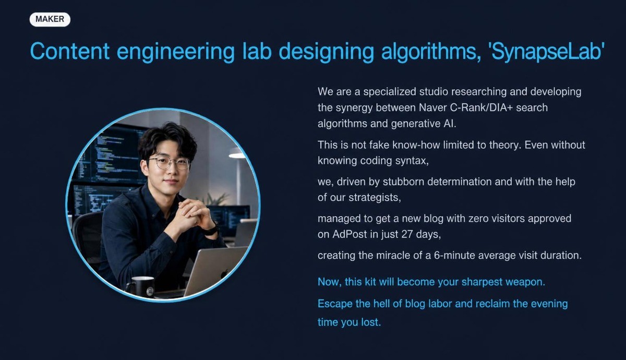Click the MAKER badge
[x=50, y=19]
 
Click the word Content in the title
[x=70, y=51]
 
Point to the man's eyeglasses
[x=170, y=163]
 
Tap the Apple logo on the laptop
[x=225, y=273]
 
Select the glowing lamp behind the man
[x=237, y=153]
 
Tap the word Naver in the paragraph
[x=433, y=107]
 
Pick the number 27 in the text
[x=407, y=234]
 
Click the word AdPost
[x=350, y=234]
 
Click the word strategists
[x=375, y=198]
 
